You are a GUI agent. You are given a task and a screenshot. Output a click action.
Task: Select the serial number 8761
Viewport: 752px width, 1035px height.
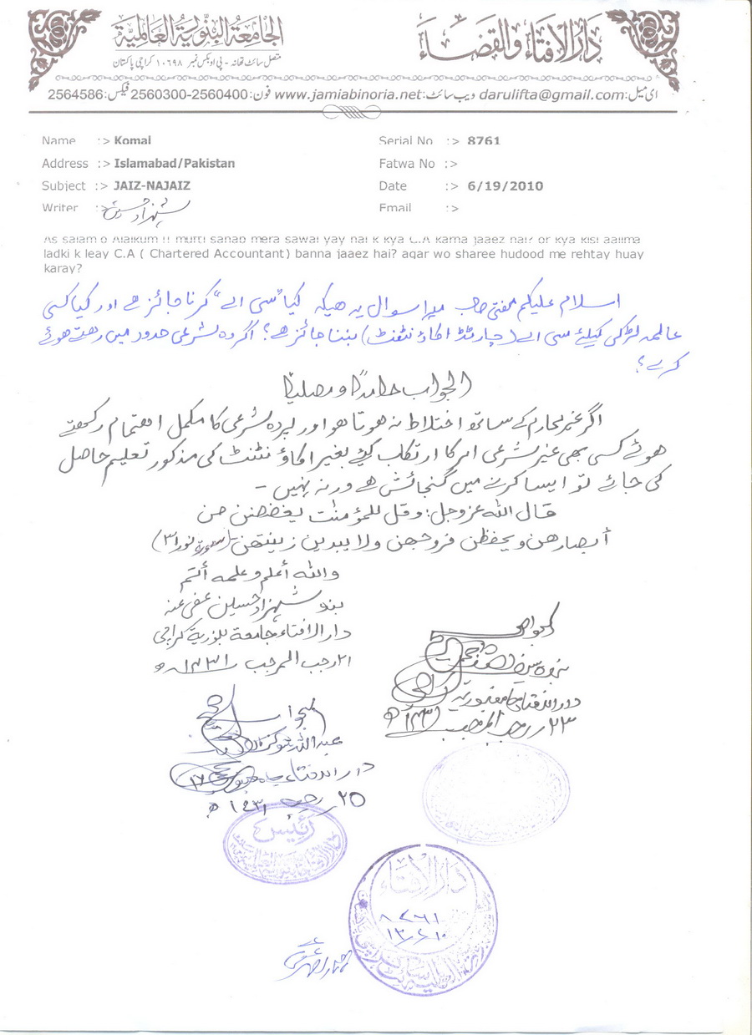pyautogui.click(x=485, y=141)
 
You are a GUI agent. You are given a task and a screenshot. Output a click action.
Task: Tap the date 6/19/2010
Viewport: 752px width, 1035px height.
pyautogui.click(x=507, y=186)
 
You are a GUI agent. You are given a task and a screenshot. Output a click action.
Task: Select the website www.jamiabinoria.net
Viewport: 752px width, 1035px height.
pyautogui.click(x=346, y=96)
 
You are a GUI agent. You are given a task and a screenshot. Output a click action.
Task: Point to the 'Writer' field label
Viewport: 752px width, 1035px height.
pyautogui.click(x=60, y=208)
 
